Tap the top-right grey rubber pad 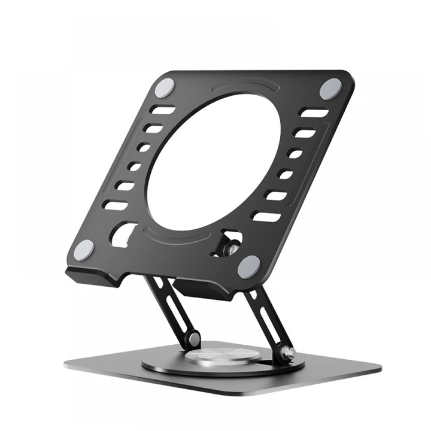coord(330,89)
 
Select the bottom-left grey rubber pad coord(84,249)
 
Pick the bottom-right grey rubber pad coord(248,266)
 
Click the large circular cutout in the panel coord(213,162)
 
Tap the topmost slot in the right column coord(314,113)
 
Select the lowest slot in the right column coord(266,216)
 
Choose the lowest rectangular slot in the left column coord(115,205)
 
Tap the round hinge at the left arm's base coord(193,339)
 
